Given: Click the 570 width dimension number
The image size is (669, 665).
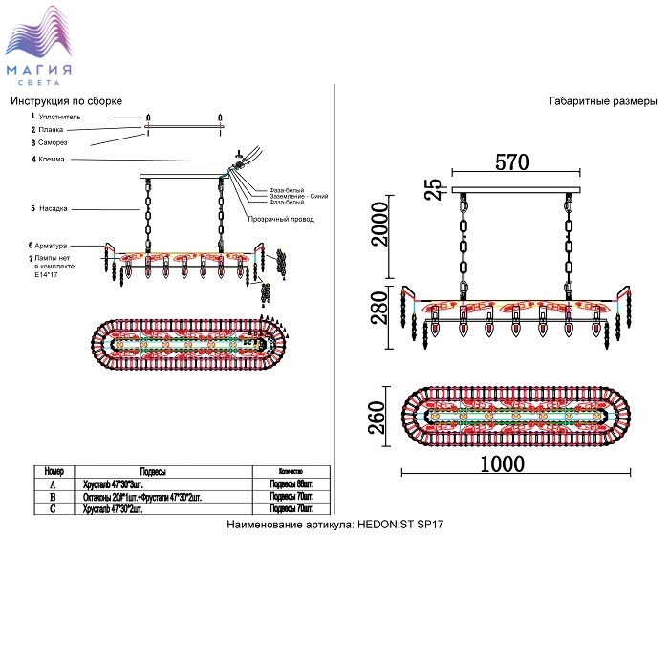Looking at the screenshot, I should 512,162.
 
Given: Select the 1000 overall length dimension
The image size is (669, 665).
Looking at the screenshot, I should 502,463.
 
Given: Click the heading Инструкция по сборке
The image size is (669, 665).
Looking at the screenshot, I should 66,101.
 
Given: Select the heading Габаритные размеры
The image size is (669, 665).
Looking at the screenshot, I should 603,101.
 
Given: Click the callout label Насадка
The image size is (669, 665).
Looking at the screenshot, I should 55,208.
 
